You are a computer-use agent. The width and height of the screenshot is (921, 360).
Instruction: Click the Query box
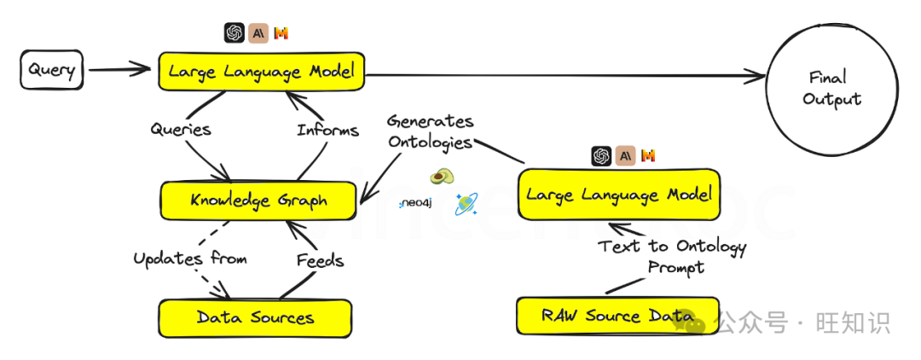coord(52,70)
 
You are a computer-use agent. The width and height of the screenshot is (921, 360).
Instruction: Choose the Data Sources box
coord(255,318)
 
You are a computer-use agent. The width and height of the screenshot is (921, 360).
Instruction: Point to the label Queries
coord(180,130)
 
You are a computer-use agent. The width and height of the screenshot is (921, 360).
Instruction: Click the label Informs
coord(327,131)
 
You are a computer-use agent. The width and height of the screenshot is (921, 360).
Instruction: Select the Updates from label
coord(189,258)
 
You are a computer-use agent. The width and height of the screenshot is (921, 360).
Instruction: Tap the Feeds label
coord(320,259)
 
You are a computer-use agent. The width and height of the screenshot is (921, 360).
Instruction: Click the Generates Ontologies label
coord(430,131)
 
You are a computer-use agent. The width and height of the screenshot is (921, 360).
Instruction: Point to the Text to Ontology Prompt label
coord(672,256)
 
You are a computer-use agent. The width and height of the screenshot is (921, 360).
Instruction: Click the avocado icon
coord(441,177)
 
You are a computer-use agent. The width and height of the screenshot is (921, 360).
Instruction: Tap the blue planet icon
coord(466,203)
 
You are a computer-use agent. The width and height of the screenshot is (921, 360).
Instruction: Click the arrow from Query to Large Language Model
coord(119,70)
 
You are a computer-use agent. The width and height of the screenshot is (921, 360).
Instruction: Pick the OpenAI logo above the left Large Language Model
coord(234,33)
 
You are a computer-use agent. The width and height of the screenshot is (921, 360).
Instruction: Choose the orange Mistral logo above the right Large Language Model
coord(648,155)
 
